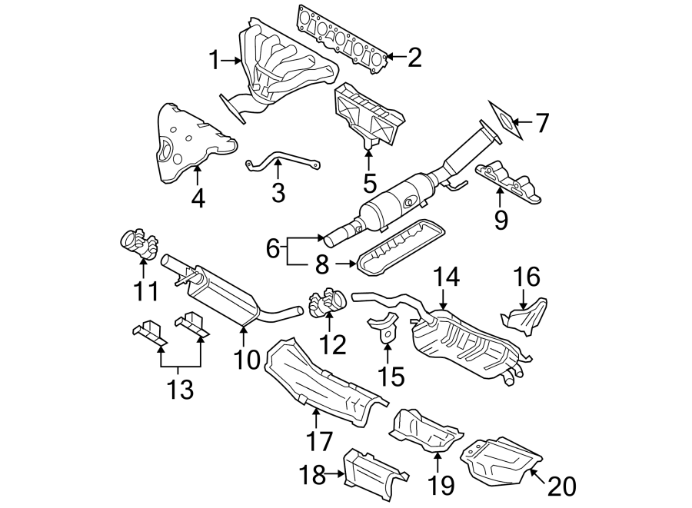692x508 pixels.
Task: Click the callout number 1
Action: tap(215, 59)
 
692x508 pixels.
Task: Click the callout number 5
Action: tap(370, 184)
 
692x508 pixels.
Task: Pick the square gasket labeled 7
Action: tap(504, 121)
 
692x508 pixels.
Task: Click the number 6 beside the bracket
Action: tap(272, 248)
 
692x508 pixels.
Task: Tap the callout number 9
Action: tap(501, 221)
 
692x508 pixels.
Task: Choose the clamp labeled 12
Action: tap(327, 300)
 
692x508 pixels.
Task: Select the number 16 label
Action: tap(527, 277)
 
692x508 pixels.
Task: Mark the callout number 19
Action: tap(441, 485)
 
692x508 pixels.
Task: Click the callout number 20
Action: tap(562, 486)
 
